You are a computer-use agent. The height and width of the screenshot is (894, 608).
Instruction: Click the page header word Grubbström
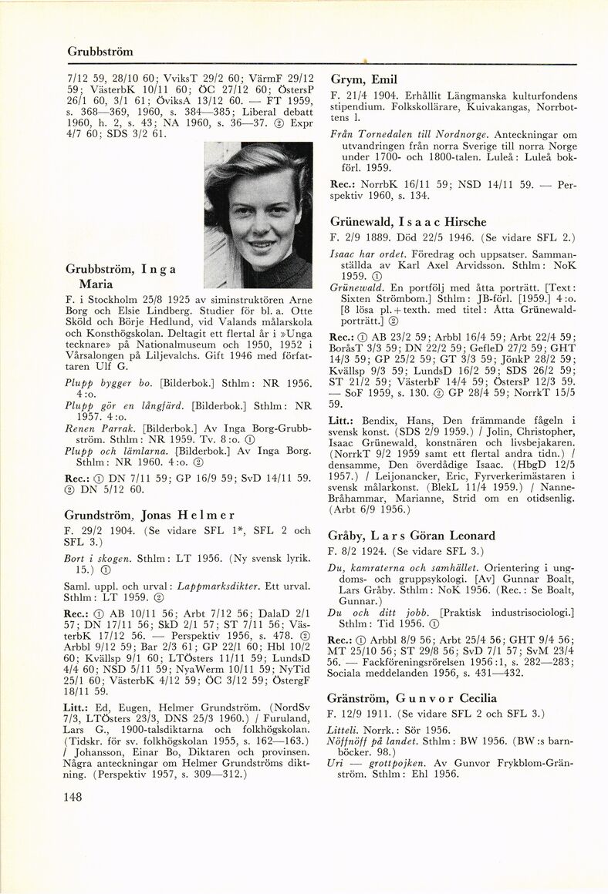pyautogui.click(x=100, y=52)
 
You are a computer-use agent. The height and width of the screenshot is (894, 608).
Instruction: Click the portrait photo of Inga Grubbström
pyautogui.click(x=258, y=215)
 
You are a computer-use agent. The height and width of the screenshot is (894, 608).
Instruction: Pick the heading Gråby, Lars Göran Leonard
pyautogui.click(x=412, y=536)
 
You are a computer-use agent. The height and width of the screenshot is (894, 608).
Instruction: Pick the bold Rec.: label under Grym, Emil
pyautogui.click(x=342, y=186)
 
